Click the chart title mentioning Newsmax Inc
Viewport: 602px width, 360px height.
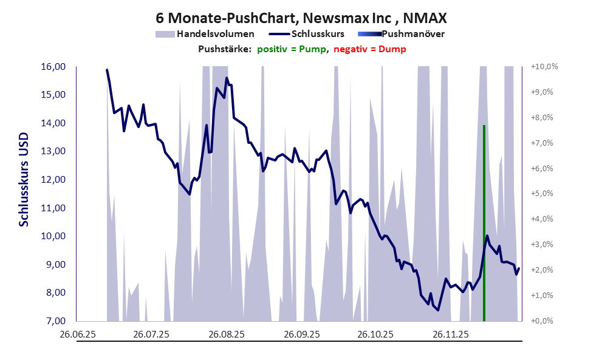(301, 17)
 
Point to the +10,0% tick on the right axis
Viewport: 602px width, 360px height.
(544, 67)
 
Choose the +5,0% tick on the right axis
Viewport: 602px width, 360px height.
(544, 194)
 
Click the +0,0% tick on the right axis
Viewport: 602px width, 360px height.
(544, 321)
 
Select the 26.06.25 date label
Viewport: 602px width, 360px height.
(77, 335)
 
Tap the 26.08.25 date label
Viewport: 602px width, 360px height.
(226, 335)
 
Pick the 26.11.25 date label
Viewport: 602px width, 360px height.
(450, 335)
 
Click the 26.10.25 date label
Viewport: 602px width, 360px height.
(375, 335)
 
